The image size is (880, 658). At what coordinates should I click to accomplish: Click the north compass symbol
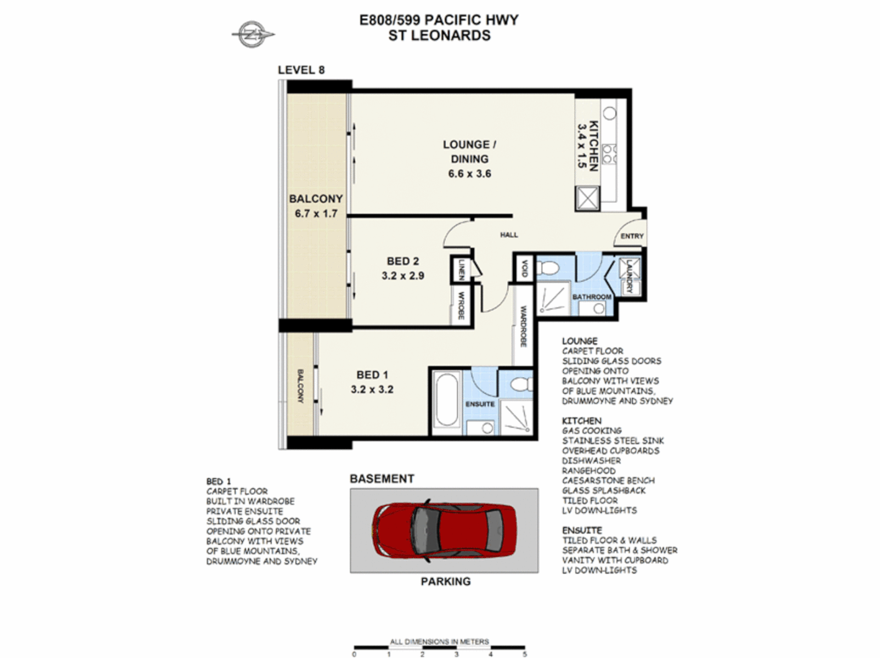(252, 34)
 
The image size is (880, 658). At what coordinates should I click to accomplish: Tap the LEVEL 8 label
(301, 70)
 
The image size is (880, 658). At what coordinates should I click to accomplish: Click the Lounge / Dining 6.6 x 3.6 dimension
(469, 174)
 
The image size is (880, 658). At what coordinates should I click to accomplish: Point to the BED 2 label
(402, 261)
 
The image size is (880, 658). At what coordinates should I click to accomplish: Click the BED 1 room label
(372, 375)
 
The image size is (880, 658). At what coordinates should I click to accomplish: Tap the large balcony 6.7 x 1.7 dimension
(316, 214)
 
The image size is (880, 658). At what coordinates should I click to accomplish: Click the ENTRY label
(632, 236)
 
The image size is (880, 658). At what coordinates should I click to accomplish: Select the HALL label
(509, 235)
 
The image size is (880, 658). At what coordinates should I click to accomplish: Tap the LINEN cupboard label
(461, 269)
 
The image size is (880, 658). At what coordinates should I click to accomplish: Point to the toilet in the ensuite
(519, 384)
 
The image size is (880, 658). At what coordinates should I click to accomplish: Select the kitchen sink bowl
(609, 113)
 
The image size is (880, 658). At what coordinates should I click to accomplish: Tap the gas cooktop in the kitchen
(609, 154)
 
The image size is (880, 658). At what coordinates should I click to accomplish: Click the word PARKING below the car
(445, 582)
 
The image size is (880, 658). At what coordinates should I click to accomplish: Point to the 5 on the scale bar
(524, 654)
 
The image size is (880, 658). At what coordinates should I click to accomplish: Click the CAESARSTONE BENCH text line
(608, 481)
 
